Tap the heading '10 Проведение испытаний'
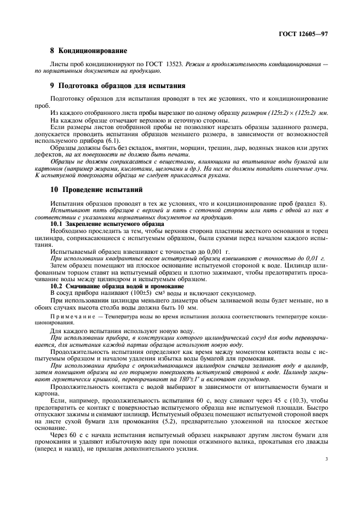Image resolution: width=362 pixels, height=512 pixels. pyautogui.click(x=96, y=190)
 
